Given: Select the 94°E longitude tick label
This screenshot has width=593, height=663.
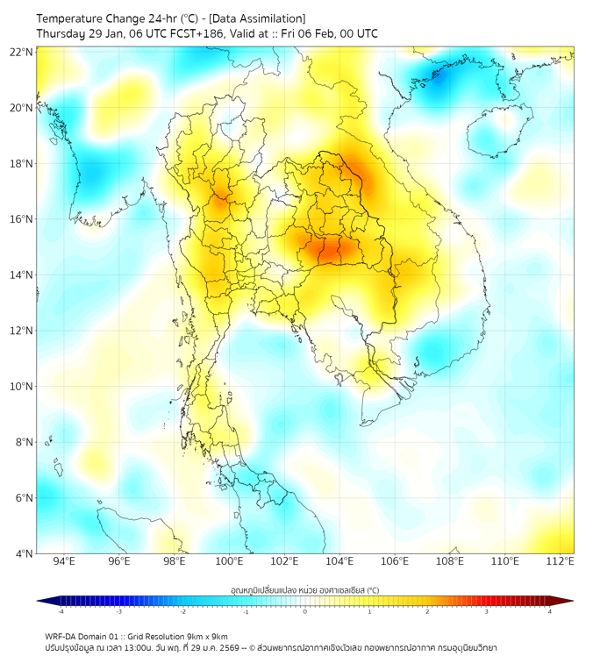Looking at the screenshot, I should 64,561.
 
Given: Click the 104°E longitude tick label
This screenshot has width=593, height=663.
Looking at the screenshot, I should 339,561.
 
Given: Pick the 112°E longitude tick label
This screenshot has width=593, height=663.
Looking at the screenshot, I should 560,561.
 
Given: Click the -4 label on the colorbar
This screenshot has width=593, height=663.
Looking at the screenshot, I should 61,611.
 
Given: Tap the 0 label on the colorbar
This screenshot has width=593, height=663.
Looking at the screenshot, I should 305,611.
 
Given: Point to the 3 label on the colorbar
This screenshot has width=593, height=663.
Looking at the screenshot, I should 487,611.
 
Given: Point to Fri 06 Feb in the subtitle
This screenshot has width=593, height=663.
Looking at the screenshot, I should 311,33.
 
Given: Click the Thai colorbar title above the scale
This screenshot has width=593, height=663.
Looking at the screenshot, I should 304,590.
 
